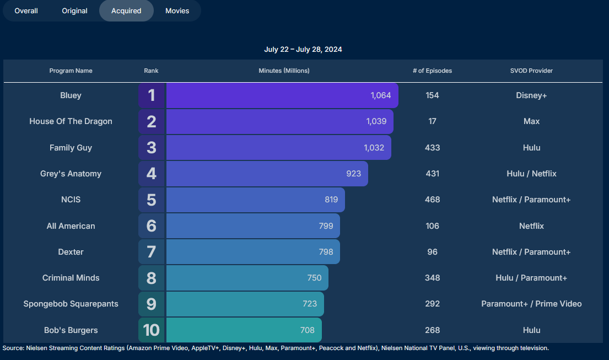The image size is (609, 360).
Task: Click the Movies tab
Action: (177, 11)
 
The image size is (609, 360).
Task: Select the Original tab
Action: (74, 11)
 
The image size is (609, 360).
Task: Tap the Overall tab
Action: (26, 11)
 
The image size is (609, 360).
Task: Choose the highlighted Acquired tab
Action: (126, 11)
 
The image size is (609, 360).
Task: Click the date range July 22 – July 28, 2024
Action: (303, 50)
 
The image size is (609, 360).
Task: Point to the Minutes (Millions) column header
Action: (284, 71)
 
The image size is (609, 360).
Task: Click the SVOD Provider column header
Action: (531, 71)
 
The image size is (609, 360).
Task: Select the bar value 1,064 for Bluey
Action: (381, 95)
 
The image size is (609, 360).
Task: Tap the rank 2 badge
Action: (152, 121)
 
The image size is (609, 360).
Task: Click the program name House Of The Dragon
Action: (71, 121)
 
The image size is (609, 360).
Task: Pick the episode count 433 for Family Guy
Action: (432, 148)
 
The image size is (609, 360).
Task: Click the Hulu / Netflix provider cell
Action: (531, 174)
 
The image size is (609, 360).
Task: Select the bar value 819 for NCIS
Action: (331, 200)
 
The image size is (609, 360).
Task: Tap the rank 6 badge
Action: (152, 226)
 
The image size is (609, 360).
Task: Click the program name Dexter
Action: (71, 252)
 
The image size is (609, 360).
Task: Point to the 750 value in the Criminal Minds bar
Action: (314, 278)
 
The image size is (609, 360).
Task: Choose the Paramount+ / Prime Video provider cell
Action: (531, 304)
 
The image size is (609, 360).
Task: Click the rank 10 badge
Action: (151, 330)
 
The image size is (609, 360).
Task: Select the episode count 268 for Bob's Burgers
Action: (432, 330)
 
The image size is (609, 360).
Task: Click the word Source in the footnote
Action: (12, 348)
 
